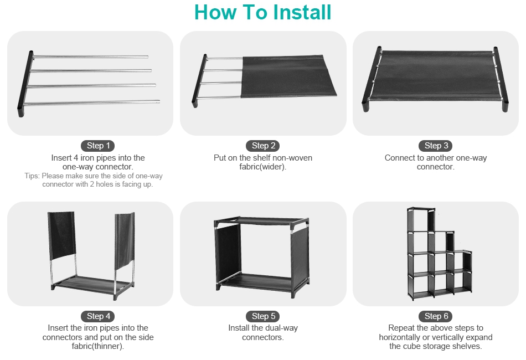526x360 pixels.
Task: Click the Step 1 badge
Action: (x=98, y=146)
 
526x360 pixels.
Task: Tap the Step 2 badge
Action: (x=264, y=146)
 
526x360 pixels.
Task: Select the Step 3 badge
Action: (x=436, y=146)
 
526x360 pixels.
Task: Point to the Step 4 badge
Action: (x=98, y=316)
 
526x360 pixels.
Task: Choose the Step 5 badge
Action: (x=264, y=316)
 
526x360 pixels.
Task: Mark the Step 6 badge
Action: (x=436, y=316)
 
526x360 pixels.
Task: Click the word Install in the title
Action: (x=302, y=12)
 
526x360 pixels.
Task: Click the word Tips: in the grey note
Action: (x=32, y=176)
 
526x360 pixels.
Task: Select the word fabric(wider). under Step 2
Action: (x=262, y=167)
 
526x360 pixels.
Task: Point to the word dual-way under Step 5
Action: (x=281, y=328)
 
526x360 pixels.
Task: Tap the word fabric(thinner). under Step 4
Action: (x=97, y=346)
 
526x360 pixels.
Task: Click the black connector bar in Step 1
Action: (x=25, y=84)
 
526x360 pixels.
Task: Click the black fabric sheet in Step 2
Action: (x=288, y=76)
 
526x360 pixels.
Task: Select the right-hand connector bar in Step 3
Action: (x=501, y=79)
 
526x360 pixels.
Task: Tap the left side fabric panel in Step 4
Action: (x=61, y=235)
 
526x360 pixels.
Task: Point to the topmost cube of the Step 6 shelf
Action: (x=421, y=220)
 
